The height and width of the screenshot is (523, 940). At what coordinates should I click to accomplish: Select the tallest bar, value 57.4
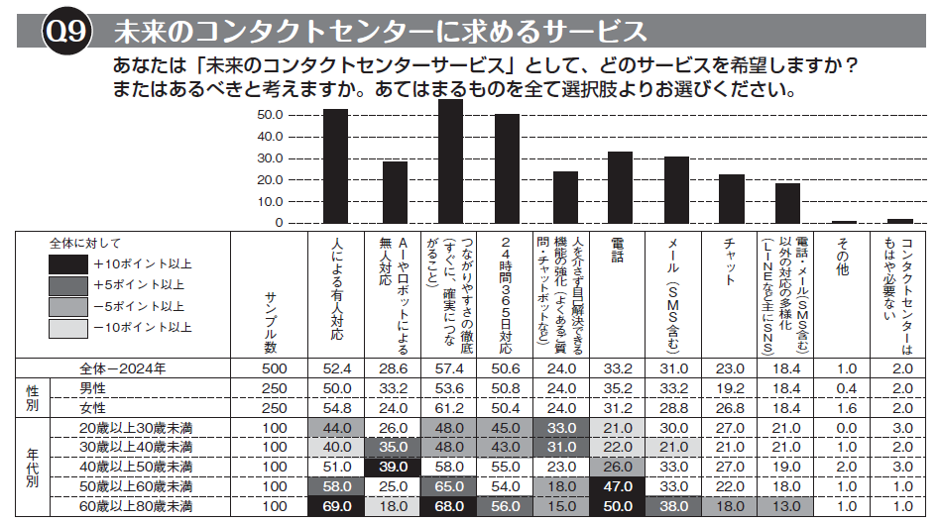[x=451, y=162]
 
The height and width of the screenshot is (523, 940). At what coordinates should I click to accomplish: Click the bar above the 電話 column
[x=620, y=188]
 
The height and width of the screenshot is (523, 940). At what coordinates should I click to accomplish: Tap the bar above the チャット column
[x=732, y=199]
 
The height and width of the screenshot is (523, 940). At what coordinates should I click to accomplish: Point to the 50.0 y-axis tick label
[x=270, y=115]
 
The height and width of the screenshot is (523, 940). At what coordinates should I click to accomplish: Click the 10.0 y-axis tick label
[x=270, y=202]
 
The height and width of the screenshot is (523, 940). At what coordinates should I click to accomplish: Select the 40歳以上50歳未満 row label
[x=135, y=467]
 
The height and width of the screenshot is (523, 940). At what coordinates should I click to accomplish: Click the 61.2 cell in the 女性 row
[x=451, y=407]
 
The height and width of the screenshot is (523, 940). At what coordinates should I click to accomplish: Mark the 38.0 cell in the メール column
[x=675, y=506]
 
